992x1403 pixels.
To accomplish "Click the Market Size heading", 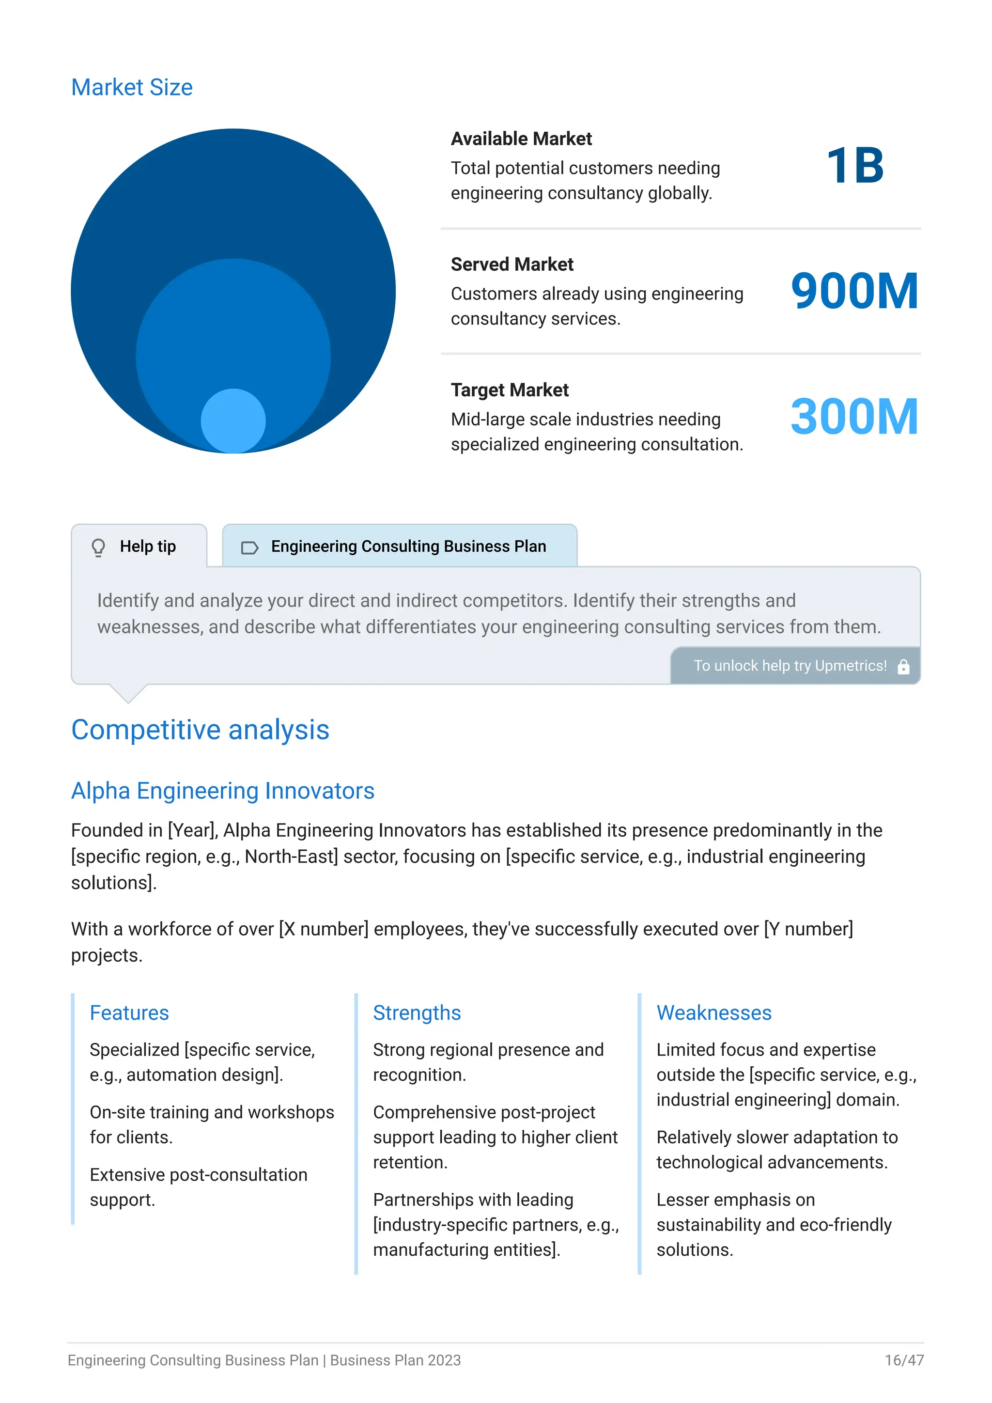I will (131, 87).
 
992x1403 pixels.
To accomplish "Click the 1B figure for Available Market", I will (854, 166).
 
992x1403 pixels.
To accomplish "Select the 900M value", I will (854, 292).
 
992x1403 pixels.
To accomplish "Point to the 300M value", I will (854, 417).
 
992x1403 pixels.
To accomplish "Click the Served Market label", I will (512, 265).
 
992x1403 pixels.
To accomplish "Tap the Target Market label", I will (510, 390).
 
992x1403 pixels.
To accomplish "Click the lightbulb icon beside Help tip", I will (98, 547).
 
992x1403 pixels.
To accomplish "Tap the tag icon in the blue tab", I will (249, 547).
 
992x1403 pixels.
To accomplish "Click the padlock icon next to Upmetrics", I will (903, 667).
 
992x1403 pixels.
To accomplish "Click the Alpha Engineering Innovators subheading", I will (222, 791).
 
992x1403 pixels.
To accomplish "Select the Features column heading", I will (129, 1013).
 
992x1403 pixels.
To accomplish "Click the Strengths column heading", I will (417, 1013).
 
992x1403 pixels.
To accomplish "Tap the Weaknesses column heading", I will (713, 1013).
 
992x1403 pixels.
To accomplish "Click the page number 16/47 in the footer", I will (903, 1360).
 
